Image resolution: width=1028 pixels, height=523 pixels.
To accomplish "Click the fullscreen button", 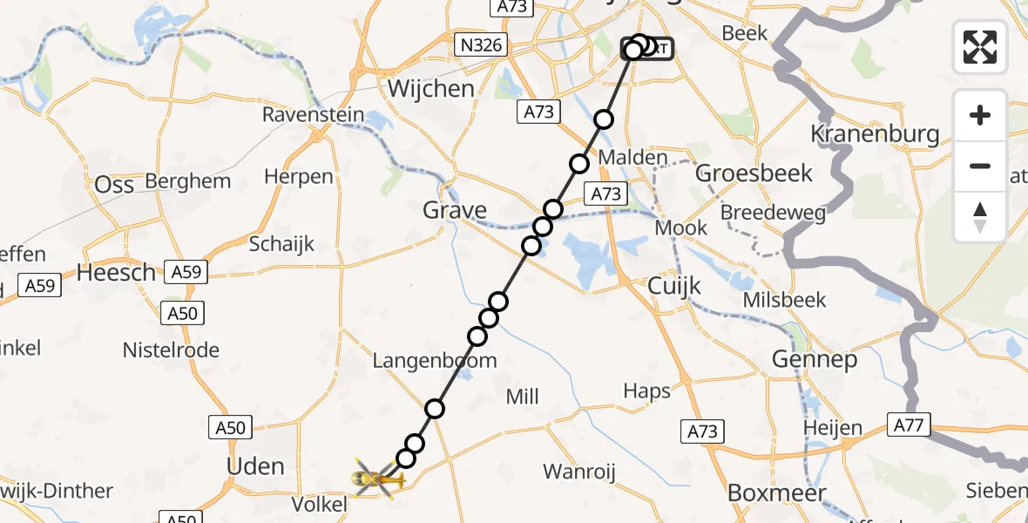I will tap(980, 46).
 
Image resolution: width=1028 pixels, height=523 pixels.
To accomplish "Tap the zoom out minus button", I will tap(980, 166).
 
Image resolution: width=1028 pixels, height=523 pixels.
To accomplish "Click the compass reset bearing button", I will tap(980, 216).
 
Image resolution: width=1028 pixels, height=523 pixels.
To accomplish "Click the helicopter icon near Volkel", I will tap(374, 478).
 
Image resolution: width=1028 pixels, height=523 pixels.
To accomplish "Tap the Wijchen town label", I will tap(431, 89).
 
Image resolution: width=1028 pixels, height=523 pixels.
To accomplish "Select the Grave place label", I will tap(455, 210).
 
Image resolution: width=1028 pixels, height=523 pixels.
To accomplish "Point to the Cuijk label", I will tap(675, 286).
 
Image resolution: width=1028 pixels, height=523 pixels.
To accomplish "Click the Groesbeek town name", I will tap(754, 173).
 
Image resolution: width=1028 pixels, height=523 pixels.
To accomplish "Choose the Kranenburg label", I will tap(875, 134).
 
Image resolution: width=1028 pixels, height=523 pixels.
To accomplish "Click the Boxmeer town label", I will tap(776, 492).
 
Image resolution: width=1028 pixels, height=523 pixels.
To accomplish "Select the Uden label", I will tap(255, 466).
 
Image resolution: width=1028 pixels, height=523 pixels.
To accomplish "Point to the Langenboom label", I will tap(435, 360).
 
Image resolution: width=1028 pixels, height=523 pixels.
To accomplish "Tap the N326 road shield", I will tap(482, 44).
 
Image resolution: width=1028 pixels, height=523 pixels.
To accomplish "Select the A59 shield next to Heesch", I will tap(186, 273).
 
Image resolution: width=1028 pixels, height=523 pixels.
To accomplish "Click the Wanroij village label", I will tap(579, 472).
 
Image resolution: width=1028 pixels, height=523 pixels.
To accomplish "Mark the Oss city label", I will tap(115, 184).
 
